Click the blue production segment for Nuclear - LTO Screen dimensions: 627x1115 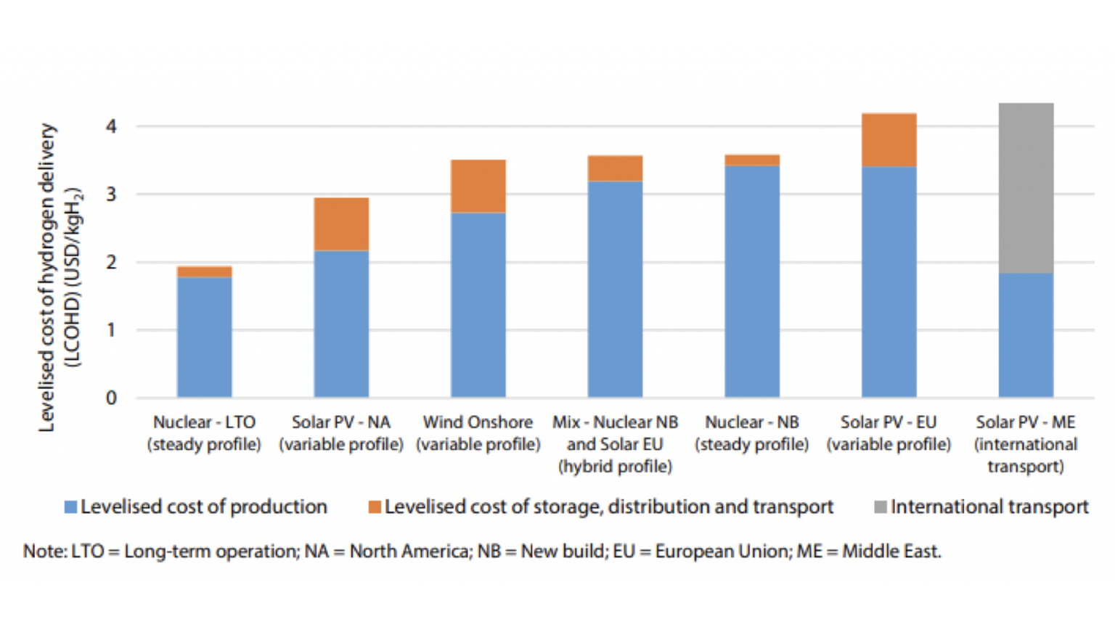pos(204,337)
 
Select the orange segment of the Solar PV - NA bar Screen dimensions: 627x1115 pos(341,224)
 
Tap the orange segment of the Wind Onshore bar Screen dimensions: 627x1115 pos(478,187)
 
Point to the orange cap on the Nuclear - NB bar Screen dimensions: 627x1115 pos(752,160)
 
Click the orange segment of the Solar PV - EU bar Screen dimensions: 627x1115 pos(889,140)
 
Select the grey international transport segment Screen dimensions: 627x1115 pos(1026,188)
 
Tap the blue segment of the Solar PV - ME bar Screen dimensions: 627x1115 pos(1026,335)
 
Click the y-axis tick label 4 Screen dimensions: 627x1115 pos(111,126)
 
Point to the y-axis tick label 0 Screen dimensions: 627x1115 pos(111,398)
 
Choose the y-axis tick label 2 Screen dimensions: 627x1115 pos(111,262)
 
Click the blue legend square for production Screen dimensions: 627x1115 pos(70,507)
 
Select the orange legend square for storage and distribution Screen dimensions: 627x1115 pos(375,507)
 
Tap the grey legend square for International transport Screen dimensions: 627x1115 pos(880,507)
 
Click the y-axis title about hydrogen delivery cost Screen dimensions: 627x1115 pos(60,277)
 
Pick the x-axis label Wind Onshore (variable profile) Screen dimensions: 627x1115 pos(478,433)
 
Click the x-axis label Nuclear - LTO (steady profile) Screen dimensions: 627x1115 pos(204,433)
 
